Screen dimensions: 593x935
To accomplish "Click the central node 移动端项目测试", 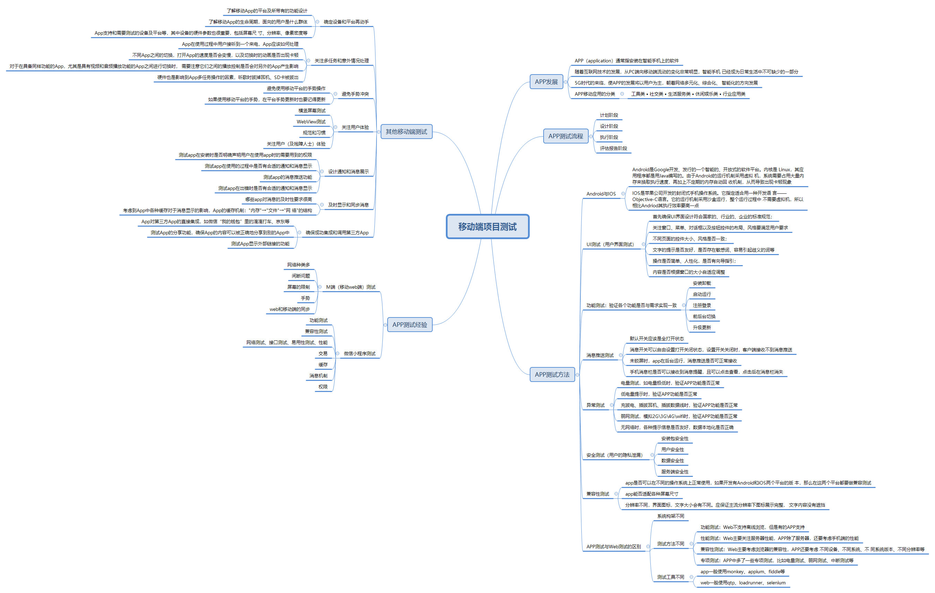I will [487, 227].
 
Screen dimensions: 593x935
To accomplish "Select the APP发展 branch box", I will [546, 82].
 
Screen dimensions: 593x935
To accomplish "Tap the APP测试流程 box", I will [565, 136].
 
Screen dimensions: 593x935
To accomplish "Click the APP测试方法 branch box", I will [552, 375].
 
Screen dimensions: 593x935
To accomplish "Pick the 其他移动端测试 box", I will [406, 132].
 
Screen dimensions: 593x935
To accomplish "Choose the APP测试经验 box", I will [410, 325].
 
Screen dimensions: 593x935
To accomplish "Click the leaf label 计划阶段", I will [608, 115].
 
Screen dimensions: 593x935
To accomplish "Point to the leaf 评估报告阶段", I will [613, 148].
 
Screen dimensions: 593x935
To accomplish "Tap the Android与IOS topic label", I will [601, 194].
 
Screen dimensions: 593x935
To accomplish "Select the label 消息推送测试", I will [599, 355].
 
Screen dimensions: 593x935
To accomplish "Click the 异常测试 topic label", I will [595, 405].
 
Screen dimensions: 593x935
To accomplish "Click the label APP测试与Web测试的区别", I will [613, 547].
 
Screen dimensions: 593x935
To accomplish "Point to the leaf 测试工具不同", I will [670, 577].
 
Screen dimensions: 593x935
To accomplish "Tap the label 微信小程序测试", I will [359, 354].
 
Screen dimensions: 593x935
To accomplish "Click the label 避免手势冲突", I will [355, 94].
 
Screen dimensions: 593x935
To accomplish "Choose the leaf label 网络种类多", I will [298, 265].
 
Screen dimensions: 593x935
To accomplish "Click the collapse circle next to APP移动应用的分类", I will [622, 94].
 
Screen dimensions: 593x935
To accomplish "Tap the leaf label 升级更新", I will [702, 328].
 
